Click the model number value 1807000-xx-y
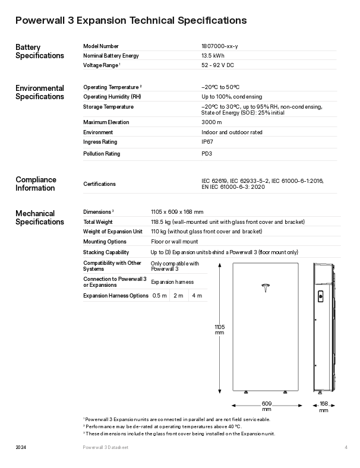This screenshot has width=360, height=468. pyautogui.click(x=220, y=46)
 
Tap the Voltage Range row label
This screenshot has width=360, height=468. pyautogui.click(x=101, y=65)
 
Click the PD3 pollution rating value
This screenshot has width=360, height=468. pyautogui.click(x=207, y=154)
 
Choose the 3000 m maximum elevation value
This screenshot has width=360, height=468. pyautogui.click(x=211, y=122)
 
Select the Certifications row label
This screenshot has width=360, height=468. pyautogui.click(x=100, y=184)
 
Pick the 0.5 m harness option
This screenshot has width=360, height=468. pyautogui.click(x=159, y=296)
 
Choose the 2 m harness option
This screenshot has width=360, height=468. pyautogui.click(x=178, y=296)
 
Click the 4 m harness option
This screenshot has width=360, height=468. pyautogui.click(x=197, y=296)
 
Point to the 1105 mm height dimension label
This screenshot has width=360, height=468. pyautogui.click(x=219, y=330)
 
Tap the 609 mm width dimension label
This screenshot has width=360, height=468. pyautogui.click(x=267, y=407)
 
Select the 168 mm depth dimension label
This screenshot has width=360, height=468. pyautogui.click(x=324, y=407)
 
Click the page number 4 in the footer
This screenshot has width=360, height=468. pyautogui.click(x=345, y=447)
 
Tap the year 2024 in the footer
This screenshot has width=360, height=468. pyautogui.click(x=20, y=447)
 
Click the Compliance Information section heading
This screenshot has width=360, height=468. pyautogui.click(x=36, y=184)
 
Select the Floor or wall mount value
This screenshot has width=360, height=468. pyautogui.click(x=175, y=242)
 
